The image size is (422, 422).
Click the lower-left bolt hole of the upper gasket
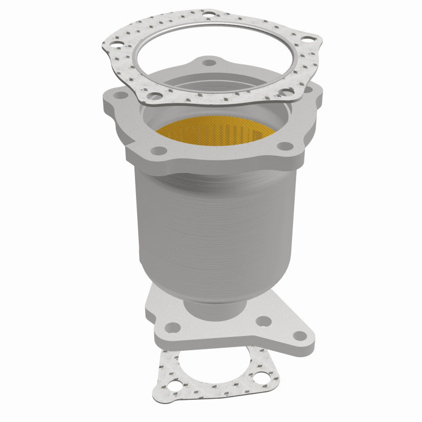pos(156,95)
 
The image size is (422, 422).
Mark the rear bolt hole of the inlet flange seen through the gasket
pos(211,63)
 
